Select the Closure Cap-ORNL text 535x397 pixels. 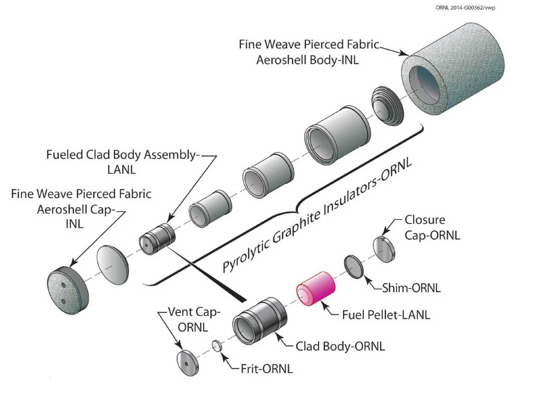coord(432,227)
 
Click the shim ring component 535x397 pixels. coord(354,266)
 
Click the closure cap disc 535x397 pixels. coord(383,249)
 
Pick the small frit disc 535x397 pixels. coord(217,346)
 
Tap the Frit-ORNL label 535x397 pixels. coord(266,369)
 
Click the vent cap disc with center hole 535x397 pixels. coord(188,362)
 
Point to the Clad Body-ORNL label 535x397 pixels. coord(340,346)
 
